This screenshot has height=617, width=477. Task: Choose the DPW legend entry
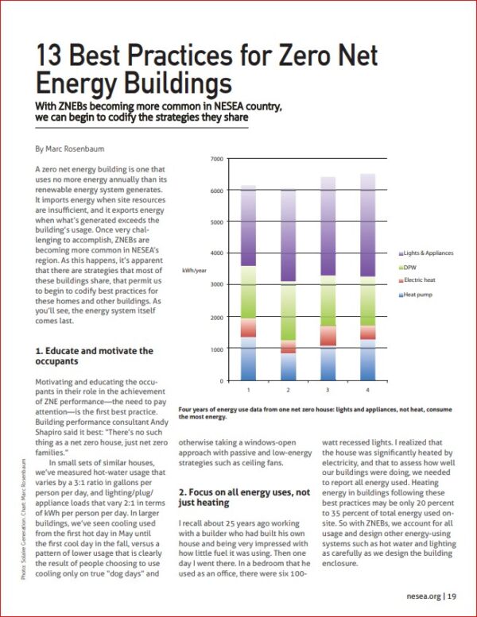413,267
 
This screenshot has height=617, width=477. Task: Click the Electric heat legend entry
419,280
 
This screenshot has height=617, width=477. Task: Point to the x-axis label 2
288,390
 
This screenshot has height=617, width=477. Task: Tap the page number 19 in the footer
450,596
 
